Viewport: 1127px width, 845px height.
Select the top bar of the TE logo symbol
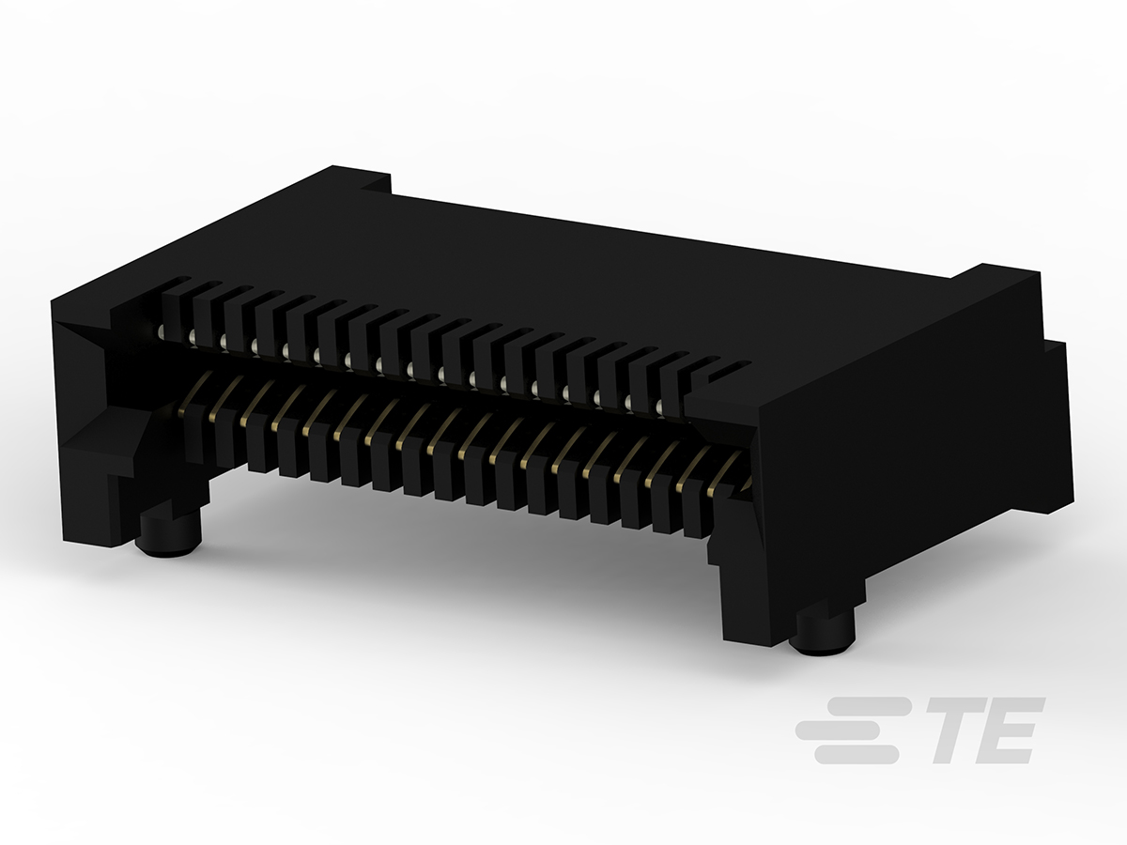click(864, 704)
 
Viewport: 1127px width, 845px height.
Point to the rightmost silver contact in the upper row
click(659, 407)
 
